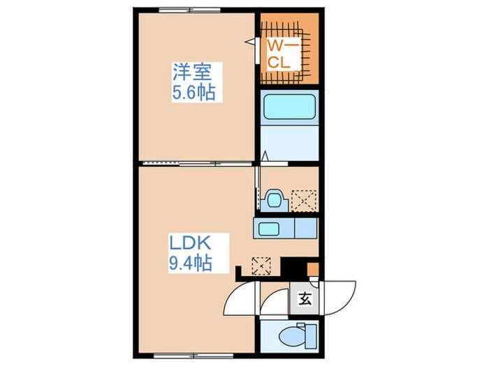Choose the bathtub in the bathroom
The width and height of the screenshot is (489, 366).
[x=289, y=109]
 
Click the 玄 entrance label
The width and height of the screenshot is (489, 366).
[x=305, y=301]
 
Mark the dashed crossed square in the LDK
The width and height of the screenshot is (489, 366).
[x=261, y=266]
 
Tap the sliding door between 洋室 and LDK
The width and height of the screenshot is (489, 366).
[x=196, y=163]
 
